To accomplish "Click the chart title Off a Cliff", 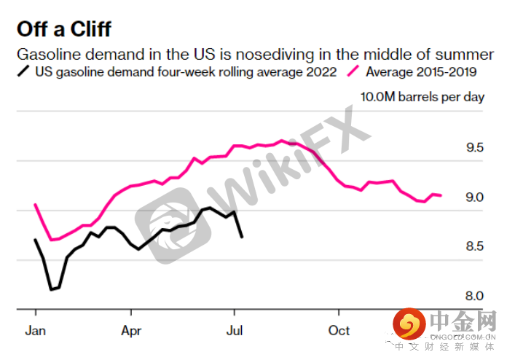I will [x=65, y=29].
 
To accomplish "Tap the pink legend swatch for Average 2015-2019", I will [x=354, y=72].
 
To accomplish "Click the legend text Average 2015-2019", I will [x=421, y=72].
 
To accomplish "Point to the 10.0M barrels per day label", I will [x=422, y=98].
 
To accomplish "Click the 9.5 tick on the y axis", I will [x=475, y=148].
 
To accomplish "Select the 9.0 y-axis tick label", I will [x=475, y=197].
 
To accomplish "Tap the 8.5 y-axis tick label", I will [x=475, y=247].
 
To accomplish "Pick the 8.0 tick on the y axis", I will [x=475, y=296].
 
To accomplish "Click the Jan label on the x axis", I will [x=36, y=330].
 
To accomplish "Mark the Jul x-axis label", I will [x=235, y=330].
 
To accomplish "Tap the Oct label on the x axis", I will [x=339, y=330].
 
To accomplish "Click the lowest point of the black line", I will [x=51, y=290].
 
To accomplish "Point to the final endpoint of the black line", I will [x=242, y=237].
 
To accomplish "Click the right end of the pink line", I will [x=441, y=195].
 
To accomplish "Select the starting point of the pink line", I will [x=35, y=205].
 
